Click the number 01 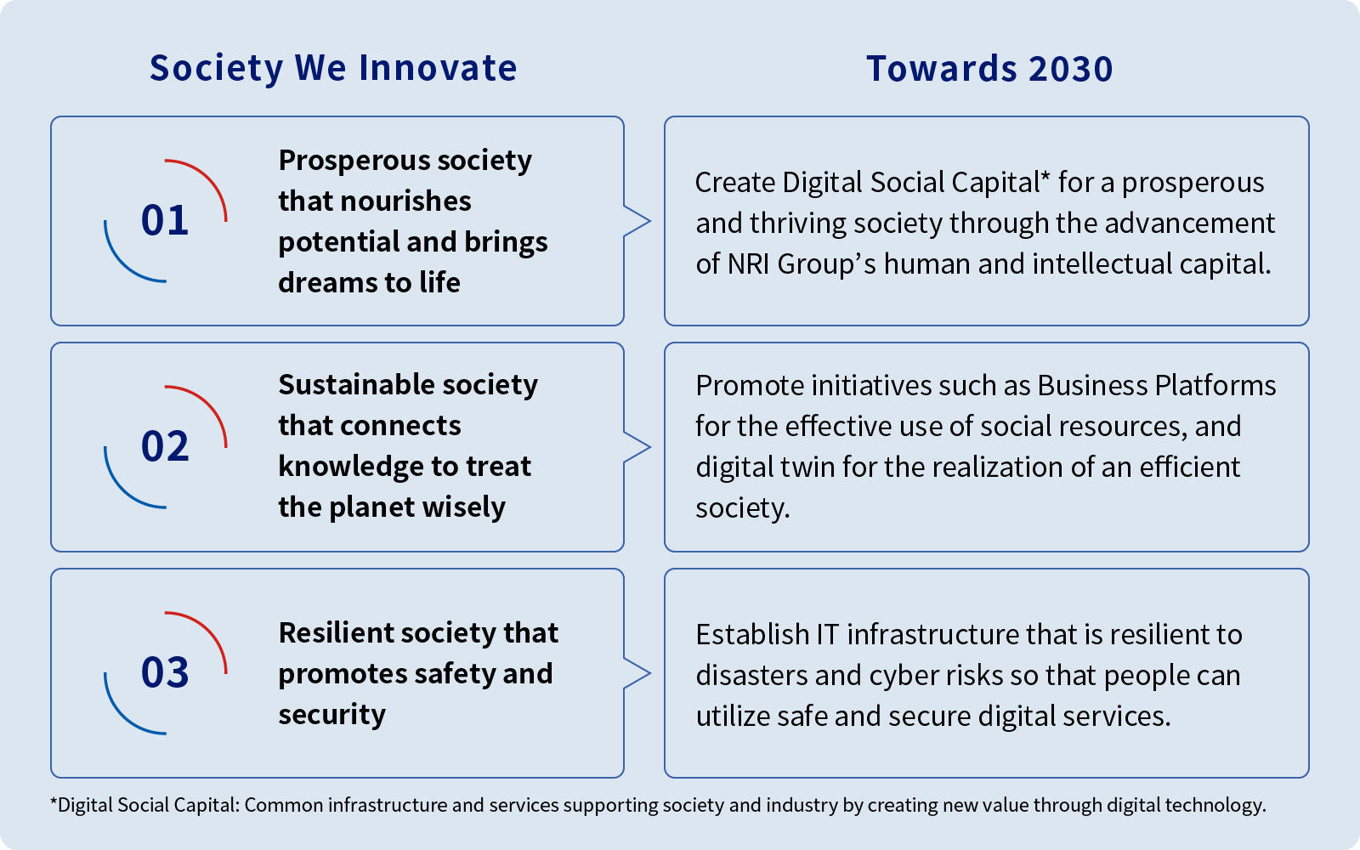pos(165,220)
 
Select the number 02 pos(165,445)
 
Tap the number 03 pos(165,672)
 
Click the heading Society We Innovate pos(333,68)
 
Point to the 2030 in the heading pos(1071,69)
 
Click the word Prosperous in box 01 pos(354,161)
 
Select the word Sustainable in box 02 pos(357,385)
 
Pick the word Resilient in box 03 pos(336,633)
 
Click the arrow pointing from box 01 pos(637,221)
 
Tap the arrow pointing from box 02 pos(637,447)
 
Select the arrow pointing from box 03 pos(637,673)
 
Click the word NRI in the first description pos(748,264)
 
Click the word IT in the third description pos(828,635)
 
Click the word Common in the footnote pos(283,805)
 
